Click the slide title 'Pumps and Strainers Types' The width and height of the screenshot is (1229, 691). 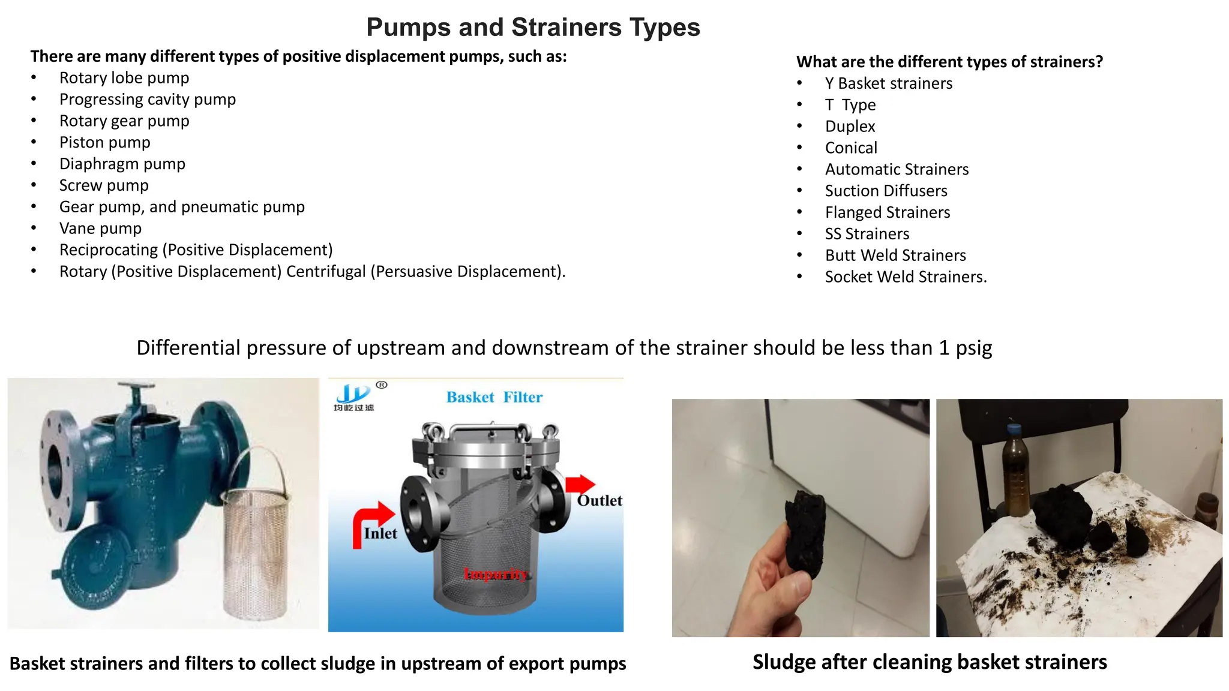(x=533, y=28)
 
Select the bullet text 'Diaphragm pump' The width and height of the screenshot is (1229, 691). (x=122, y=164)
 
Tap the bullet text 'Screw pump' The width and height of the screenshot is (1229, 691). (x=104, y=185)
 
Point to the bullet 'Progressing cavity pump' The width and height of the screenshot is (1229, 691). (x=148, y=100)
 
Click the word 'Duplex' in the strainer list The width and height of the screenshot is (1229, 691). (x=850, y=127)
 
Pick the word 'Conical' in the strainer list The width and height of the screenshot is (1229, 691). (x=851, y=148)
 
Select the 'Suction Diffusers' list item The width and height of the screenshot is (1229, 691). (x=886, y=191)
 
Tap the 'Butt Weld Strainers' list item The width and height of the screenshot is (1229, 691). (x=895, y=256)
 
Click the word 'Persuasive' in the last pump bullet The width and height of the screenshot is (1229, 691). (x=414, y=272)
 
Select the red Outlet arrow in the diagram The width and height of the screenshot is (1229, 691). (x=580, y=483)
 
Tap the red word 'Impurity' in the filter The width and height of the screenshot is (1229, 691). (x=495, y=574)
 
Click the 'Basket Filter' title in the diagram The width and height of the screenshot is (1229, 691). (x=494, y=397)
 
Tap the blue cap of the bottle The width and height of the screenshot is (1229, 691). (x=1014, y=429)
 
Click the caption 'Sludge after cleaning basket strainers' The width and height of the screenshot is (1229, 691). (x=930, y=662)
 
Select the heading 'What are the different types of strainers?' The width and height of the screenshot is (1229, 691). (x=949, y=62)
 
